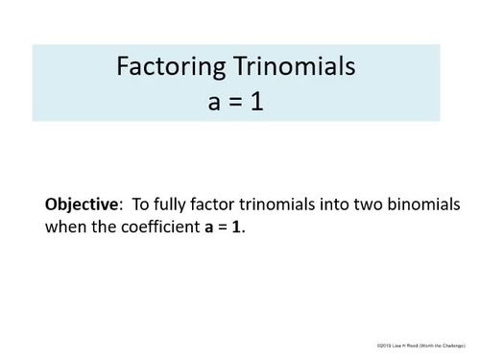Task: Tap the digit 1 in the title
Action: [x=257, y=101]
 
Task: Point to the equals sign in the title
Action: [x=234, y=102]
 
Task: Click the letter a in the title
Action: [x=213, y=103]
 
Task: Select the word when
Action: [x=63, y=229]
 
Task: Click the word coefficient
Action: [x=156, y=229]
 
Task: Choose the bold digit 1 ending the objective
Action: [x=237, y=229]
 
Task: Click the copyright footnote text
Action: [x=421, y=343]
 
